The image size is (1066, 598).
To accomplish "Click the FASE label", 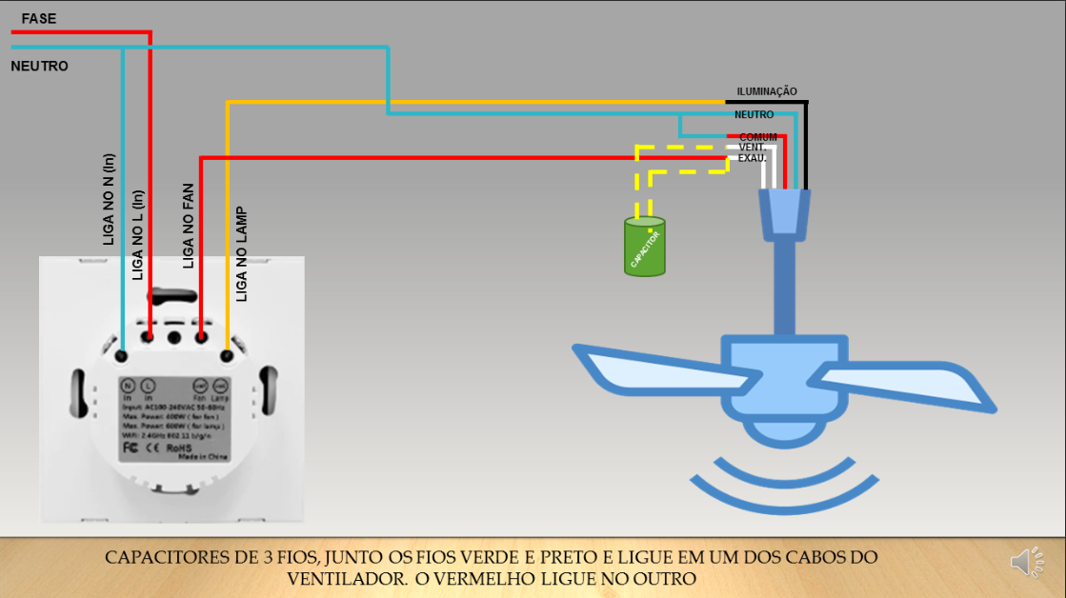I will point(40,18).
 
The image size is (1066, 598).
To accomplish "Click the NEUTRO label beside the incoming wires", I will point(39,67).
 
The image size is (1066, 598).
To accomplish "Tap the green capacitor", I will point(645,247).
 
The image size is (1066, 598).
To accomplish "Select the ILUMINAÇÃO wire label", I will point(766,91).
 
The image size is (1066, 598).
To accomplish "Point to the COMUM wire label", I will point(758,137).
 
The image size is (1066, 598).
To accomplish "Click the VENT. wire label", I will point(754,148).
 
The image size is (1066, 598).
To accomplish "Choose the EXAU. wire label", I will point(753,158).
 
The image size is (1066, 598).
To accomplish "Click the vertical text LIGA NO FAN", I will point(189,226).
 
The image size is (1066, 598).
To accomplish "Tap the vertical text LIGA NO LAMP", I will point(242,254).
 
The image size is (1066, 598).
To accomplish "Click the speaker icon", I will point(1027,563).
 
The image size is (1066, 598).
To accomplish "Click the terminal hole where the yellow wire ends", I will point(227,356).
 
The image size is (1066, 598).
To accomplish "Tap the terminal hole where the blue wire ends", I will point(122,355).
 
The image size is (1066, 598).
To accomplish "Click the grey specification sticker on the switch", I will point(174,417).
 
